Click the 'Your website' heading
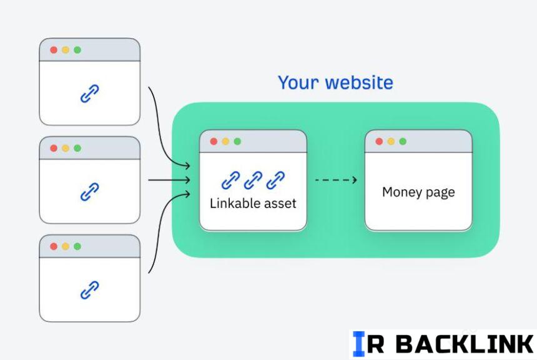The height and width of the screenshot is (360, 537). (x=335, y=83)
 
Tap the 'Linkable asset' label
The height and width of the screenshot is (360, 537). (x=253, y=203)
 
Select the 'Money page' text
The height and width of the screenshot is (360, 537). (x=418, y=192)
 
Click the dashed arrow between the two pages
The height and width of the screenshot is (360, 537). (x=335, y=180)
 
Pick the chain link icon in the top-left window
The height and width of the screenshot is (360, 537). (x=89, y=94)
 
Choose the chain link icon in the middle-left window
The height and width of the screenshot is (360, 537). (x=89, y=192)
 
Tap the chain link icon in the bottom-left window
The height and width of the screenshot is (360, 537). (x=89, y=289)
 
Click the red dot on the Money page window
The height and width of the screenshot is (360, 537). (x=379, y=142)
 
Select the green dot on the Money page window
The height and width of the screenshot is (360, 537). (x=403, y=142)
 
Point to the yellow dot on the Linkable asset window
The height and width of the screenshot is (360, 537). (x=225, y=142)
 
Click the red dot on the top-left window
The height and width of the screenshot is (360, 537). (x=54, y=50)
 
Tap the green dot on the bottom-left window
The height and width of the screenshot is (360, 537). (x=77, y=246)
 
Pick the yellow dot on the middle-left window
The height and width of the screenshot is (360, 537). (x=66, y=148)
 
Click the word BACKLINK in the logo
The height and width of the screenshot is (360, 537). (x=465, y=344)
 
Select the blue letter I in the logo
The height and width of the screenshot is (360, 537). (x=358, y=344)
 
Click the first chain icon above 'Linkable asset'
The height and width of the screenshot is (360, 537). (x=230, y=180)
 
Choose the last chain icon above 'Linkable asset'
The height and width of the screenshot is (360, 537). (x=275, y=180)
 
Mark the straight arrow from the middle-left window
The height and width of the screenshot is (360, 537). (x=169, y=181)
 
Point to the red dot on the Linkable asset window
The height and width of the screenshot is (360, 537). (x=214, y=142)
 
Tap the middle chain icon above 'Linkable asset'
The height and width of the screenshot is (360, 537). (x=253, y=180)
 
